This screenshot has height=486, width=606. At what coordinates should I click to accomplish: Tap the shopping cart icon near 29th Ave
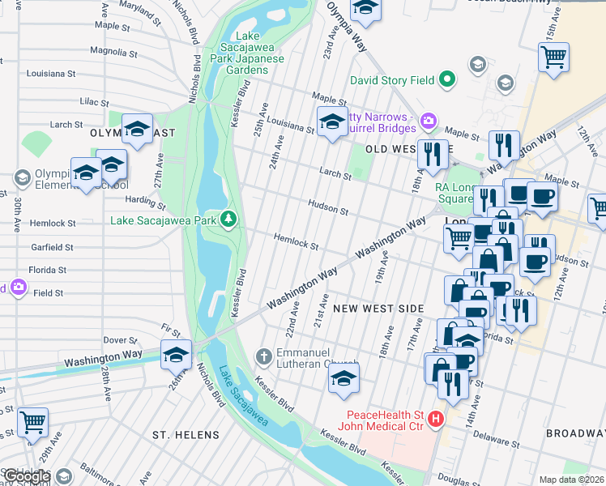[x=32, y=421]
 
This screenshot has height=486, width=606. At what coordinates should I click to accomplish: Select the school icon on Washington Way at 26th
[x=176, y=355]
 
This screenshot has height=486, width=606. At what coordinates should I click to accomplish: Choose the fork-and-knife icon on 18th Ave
[x=433, y=152]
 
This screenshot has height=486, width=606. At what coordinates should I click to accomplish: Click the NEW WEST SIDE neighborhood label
[x=378, y=309]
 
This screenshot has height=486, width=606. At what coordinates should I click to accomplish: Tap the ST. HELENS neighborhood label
[x=186, y=435]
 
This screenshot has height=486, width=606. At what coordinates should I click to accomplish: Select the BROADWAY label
[x=575, y=434]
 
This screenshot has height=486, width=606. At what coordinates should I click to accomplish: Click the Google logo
[x=27, y=476]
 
